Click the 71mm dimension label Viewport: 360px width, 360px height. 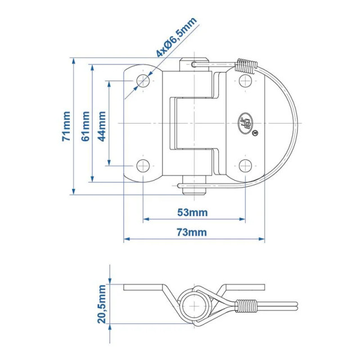tap(66, 126)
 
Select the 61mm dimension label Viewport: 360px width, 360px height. tap(85, 126)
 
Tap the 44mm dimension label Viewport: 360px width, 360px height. tap(102, 126)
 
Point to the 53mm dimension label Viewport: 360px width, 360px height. tap(192, 213)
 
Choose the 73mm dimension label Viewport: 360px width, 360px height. tap(192, 232)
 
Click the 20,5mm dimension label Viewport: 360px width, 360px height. tap(102, 304)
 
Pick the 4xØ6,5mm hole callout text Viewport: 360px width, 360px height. tap(176, 37)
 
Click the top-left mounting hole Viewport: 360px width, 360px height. tap(143, 81)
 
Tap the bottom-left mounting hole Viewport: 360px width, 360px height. tap(143, 166)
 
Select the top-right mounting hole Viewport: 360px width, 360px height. tap(245, 81)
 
